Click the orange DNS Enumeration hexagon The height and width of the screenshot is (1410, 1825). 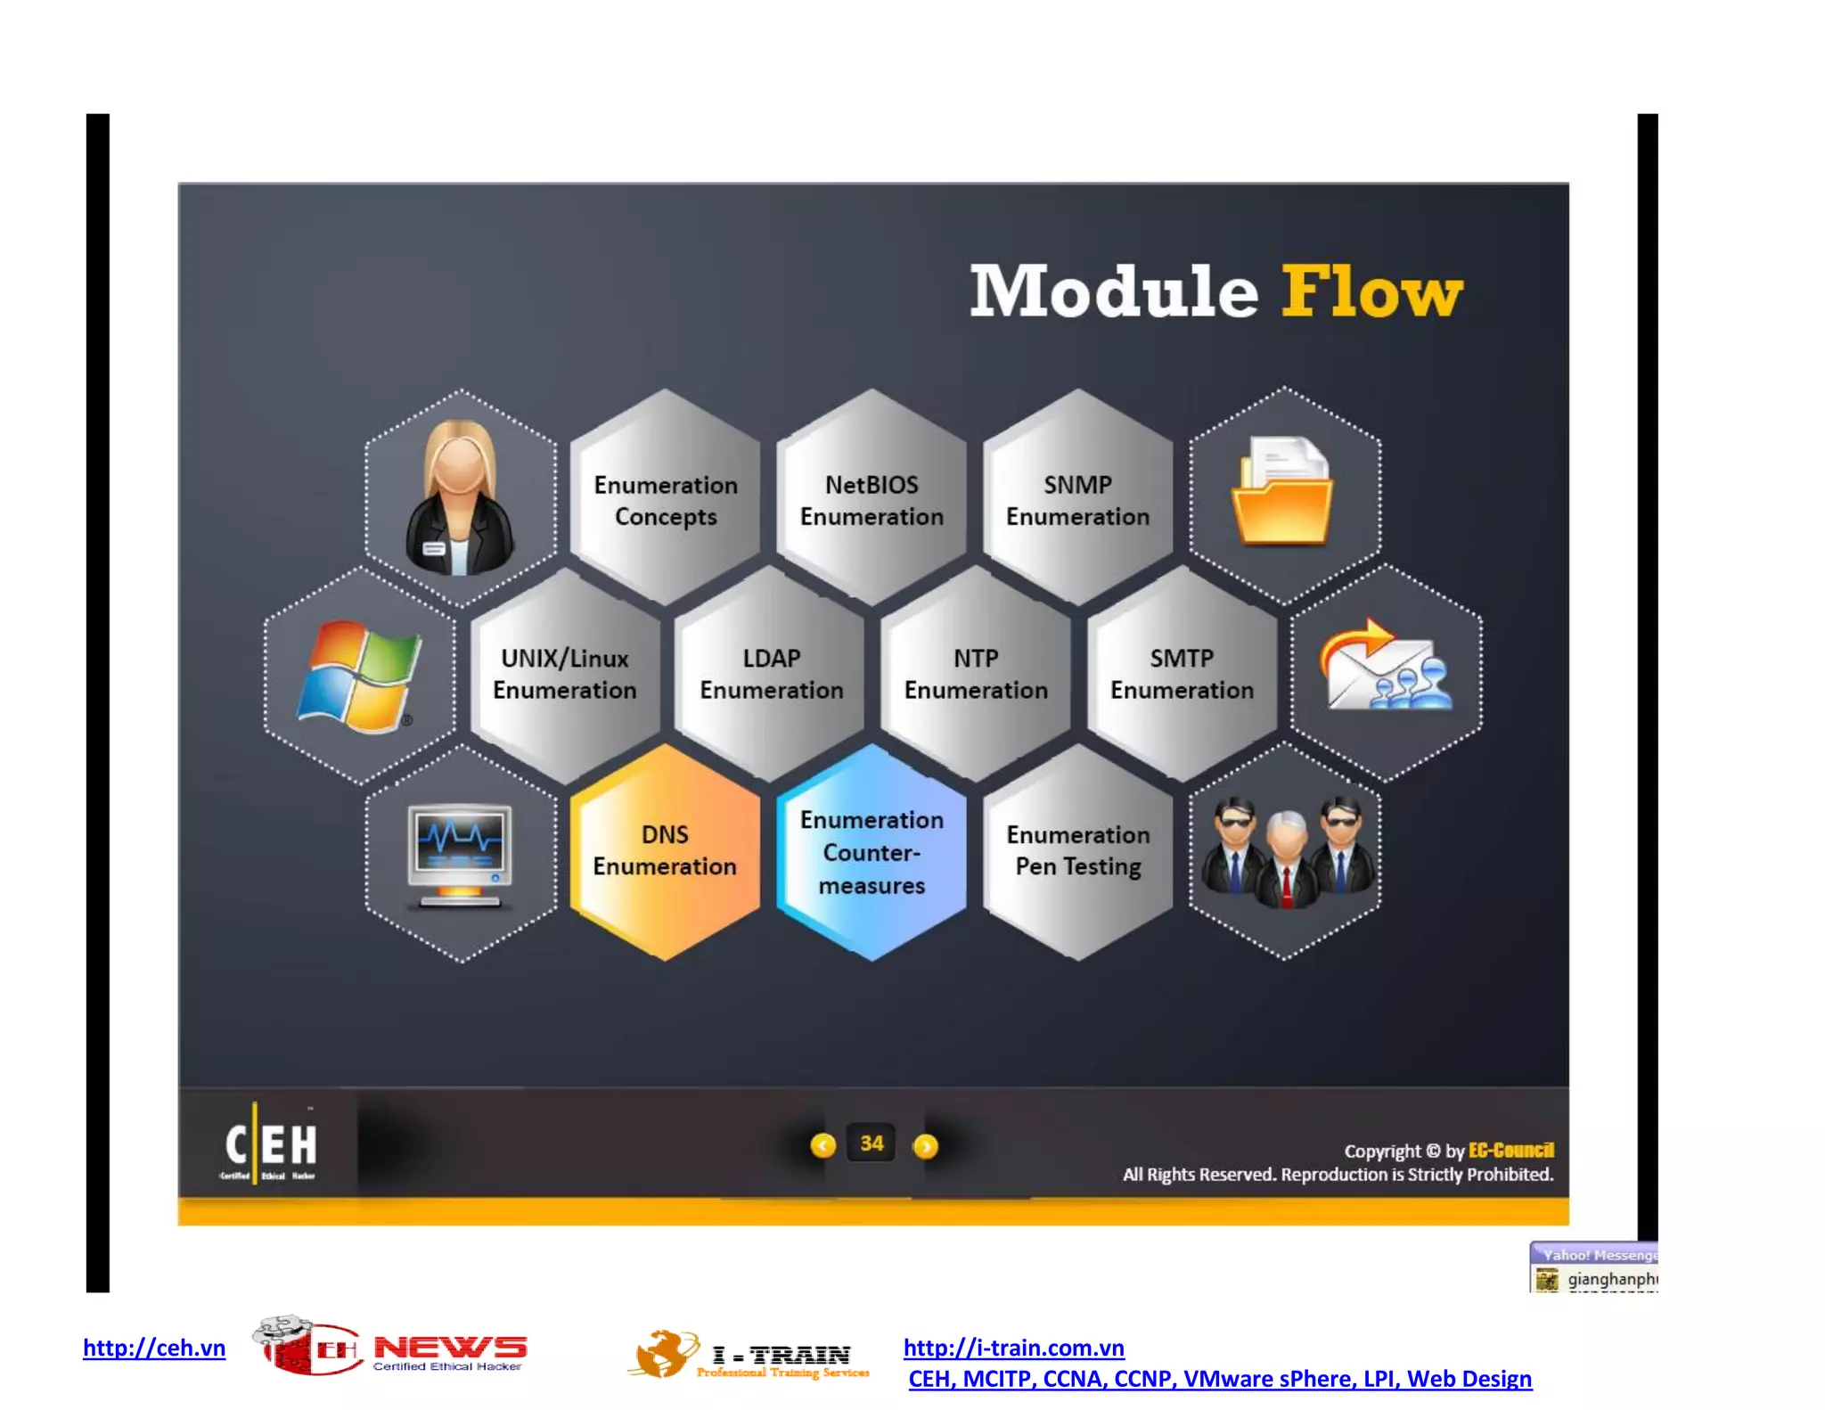[x=665, y=851]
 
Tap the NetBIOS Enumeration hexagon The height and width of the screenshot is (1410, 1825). [x=872, y=500]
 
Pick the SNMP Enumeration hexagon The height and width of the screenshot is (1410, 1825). [x=1077, y=500]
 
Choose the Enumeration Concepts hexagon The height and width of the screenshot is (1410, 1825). [x=666, y=500]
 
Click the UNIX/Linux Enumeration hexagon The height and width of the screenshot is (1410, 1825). [x=565, y=674]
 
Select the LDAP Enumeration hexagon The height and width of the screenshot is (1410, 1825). [x=771, y=674]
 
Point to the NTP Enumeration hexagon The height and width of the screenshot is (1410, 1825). [x=976, y=674]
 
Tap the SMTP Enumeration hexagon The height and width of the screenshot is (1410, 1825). [x=1182, y=674]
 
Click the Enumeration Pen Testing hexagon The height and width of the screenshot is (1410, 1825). [x=1078, y=851]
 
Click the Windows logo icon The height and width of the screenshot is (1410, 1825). [x=358, y=676]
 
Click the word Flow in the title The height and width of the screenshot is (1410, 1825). [x=1371, y=291]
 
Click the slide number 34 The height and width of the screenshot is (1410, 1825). [x=872, y=1144]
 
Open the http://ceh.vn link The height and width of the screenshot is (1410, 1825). [x=154, y=1348]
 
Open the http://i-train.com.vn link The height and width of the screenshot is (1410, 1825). [x=1013, y=1348]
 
